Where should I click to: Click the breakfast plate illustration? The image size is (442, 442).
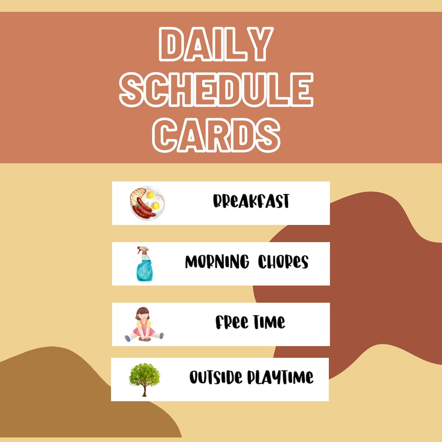click(147, 202)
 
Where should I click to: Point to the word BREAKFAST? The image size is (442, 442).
click(251, 201)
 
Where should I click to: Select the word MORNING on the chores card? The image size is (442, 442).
click(217, 262)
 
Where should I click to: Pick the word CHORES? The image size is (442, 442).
click(283, 262)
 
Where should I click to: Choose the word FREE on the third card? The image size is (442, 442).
click(232, 322)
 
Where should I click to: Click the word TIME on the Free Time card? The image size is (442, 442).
click(269, 322)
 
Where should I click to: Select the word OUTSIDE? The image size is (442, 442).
click(216, 377)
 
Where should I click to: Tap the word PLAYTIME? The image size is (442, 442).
click(281, 377)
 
